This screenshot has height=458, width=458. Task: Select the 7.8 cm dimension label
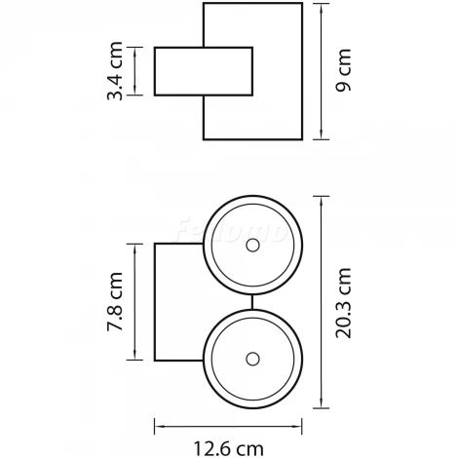[116, 303]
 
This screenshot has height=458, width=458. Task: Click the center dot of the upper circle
[252, 248]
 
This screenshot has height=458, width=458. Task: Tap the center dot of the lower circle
[252, 354]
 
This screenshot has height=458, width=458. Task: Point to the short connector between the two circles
[252, 301]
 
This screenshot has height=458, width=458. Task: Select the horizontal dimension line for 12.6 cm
[230, 426]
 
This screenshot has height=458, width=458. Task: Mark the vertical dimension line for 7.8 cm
[134, 301]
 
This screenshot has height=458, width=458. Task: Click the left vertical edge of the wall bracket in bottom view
[156, 303]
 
